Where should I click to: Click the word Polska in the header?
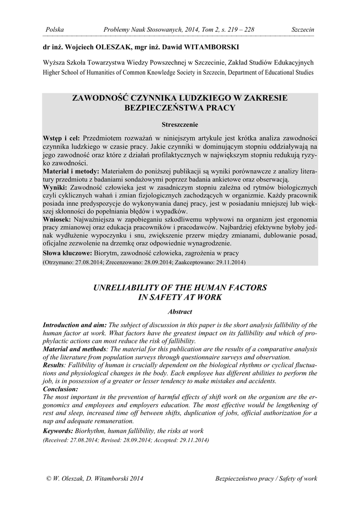54,30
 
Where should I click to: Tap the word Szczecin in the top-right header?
303,30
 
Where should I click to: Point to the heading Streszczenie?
180,124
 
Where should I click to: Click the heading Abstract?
180,312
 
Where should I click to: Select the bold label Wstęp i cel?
62,138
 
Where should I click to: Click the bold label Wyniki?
55,187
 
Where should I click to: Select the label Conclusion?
61,389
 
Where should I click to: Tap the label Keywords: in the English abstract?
58,431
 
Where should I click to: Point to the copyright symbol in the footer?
48,479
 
